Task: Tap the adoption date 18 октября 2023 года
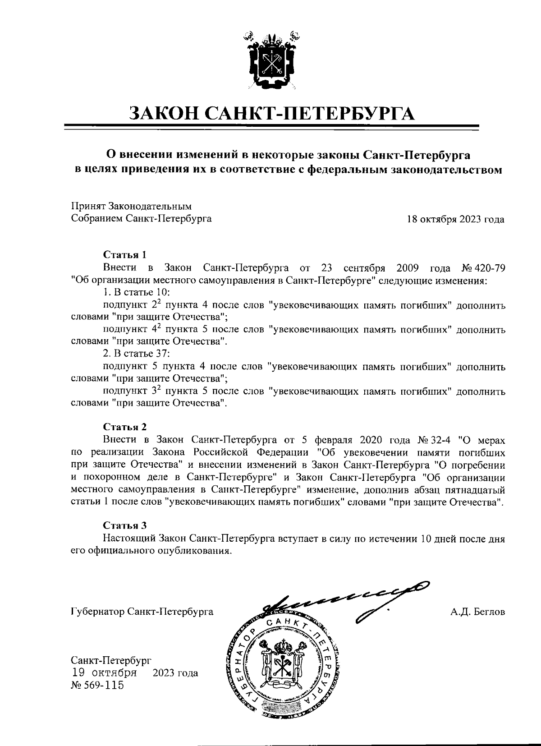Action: click(x=455, y=220)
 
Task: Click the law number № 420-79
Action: click(x=483, y=268)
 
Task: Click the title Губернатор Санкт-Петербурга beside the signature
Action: click(x=142, y=612)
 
